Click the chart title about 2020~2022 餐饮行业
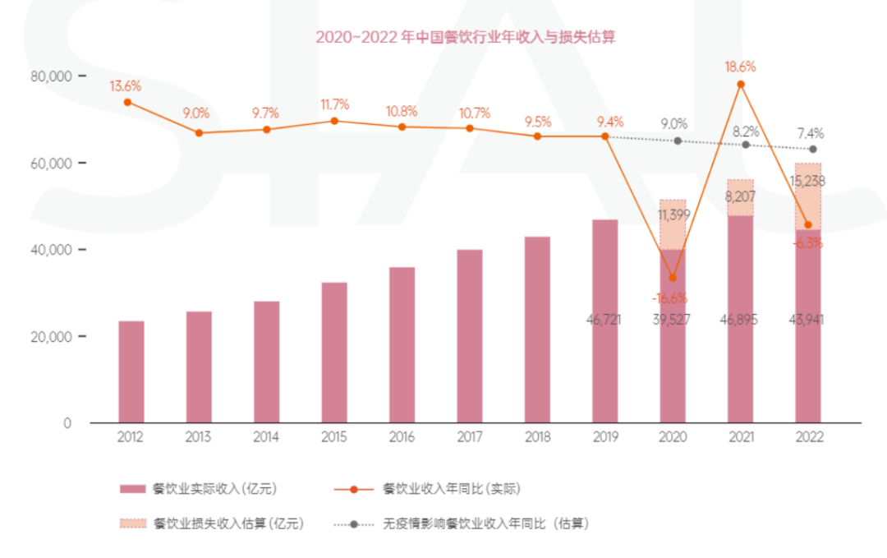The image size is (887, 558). (466, 37)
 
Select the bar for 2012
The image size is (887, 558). (131, 371)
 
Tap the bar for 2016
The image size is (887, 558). (402, 345)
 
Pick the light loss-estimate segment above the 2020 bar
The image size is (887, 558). (673, 224)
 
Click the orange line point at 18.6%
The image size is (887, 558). (741, 84)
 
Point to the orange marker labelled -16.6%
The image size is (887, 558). (673, 278)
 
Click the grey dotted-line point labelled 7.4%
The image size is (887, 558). (813, 149)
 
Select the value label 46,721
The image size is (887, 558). (604, 320)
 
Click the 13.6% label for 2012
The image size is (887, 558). (126, 85)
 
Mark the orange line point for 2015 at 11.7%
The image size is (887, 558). (334, 121)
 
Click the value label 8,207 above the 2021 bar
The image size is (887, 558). (740, 197)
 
